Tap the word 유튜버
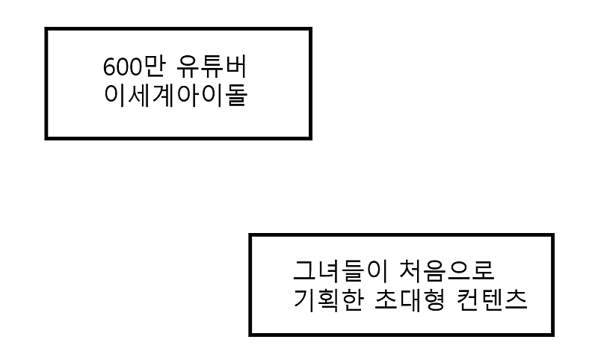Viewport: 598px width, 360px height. [212, 66]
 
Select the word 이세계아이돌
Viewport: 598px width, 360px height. [176, 95]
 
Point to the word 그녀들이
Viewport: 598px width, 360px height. [340, 270]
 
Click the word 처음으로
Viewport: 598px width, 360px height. [446, 270]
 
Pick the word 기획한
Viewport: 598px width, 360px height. [328, 300]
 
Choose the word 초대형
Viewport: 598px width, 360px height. [409, 300]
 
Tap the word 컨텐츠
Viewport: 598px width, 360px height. [492, 300]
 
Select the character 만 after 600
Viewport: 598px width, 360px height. [155, 66]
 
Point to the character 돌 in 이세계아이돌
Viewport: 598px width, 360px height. [236, 95]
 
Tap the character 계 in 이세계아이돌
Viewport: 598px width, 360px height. [164, 95]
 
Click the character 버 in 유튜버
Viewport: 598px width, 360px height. [236, 66]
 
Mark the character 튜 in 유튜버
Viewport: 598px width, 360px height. [212, 66]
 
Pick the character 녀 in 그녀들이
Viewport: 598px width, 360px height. [328, 270]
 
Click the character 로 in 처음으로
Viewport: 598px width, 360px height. [483, 271]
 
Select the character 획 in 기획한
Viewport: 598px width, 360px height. [328, 300]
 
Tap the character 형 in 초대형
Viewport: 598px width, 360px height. [434, 300]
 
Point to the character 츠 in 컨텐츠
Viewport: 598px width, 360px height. [516, 300]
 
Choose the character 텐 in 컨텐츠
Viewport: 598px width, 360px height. [492, 300]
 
